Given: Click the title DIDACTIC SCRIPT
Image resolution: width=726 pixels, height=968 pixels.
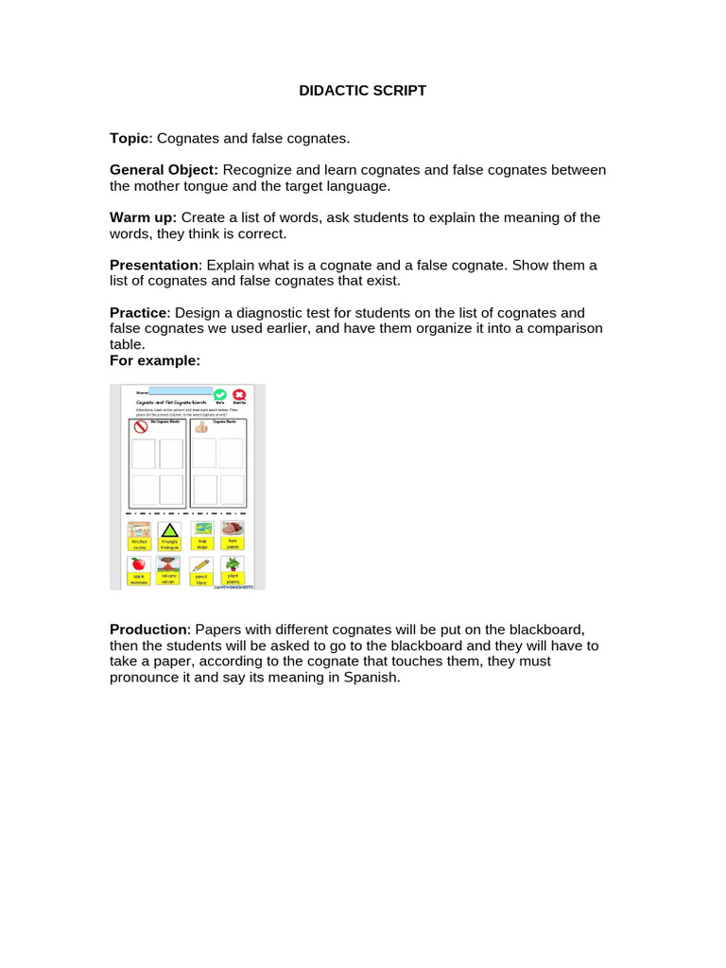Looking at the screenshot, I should pos(362,91).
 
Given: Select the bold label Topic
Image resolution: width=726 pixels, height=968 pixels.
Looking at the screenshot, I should pos(130,138).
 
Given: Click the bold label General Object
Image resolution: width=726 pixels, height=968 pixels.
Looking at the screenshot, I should pos(164,169).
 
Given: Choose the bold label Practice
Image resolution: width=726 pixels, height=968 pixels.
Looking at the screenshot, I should pos(138,312).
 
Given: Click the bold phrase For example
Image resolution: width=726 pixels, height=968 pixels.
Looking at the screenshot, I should pos(155,360).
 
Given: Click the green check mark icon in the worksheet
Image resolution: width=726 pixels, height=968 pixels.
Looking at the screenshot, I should pos(220,395).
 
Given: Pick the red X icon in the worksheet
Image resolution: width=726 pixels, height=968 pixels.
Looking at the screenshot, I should pos(239,395).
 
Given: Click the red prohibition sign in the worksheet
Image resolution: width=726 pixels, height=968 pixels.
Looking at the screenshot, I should pos(142,426).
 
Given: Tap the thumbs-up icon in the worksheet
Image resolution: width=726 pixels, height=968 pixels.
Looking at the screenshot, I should pos(200,426).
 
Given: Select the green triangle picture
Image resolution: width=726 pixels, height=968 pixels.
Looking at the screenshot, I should pos(170,529).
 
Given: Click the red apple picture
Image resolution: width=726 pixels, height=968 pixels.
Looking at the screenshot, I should pos(139,563).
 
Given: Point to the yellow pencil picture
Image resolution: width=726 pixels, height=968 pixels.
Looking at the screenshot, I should pos(200,564).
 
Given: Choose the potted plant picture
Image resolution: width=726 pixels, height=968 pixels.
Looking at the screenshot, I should pos(232,563).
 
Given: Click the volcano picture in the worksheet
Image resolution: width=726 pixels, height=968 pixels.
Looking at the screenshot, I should pos(170,563).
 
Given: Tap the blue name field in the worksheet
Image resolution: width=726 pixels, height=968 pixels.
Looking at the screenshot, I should pos(181,390).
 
